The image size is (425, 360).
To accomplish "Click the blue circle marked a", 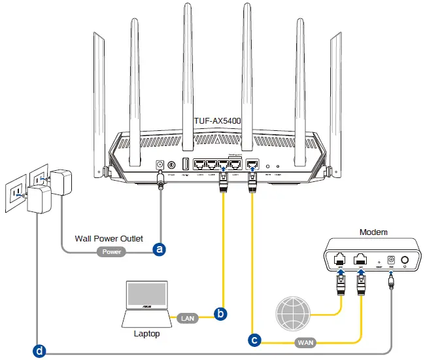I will click(x=158, y=249).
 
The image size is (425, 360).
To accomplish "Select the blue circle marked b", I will click(x=221, y=315).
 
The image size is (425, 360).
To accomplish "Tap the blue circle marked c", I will click(x=254, y=340).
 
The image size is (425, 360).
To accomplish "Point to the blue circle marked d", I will click(x=40, y=351).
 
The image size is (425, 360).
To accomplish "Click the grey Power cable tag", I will click(x=112, y=251).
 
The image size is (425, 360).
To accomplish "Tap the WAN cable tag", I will click(x=305, y=342).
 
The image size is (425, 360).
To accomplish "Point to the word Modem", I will click(x=373, y=232).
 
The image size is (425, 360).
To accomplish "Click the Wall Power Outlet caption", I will click(x=109, y=238).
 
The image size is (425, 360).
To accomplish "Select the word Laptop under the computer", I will click(x=146, y=334).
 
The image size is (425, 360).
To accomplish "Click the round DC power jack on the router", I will click(x=160, y=165).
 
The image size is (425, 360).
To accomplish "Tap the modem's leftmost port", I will click(x=340, y=260).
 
